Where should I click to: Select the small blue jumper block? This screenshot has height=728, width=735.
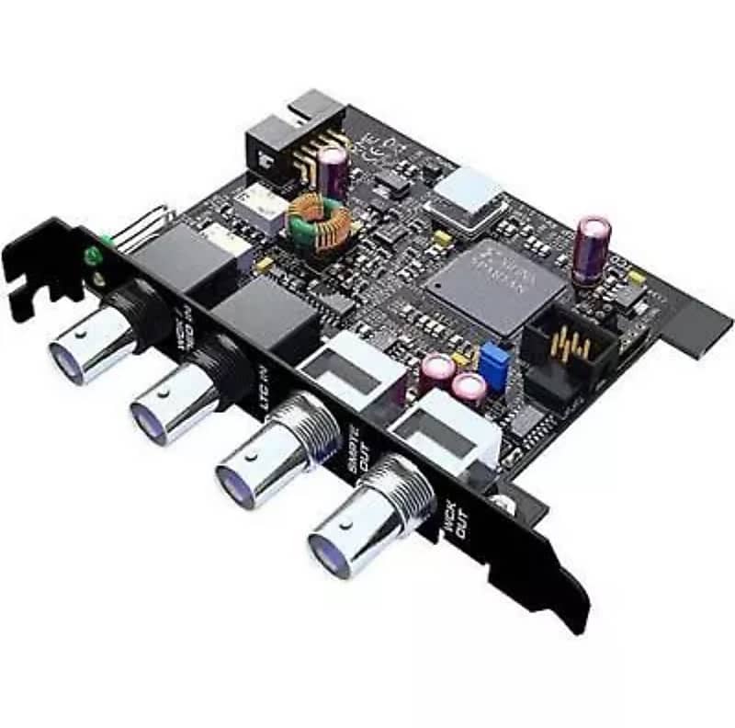click(x=495, y=358)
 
